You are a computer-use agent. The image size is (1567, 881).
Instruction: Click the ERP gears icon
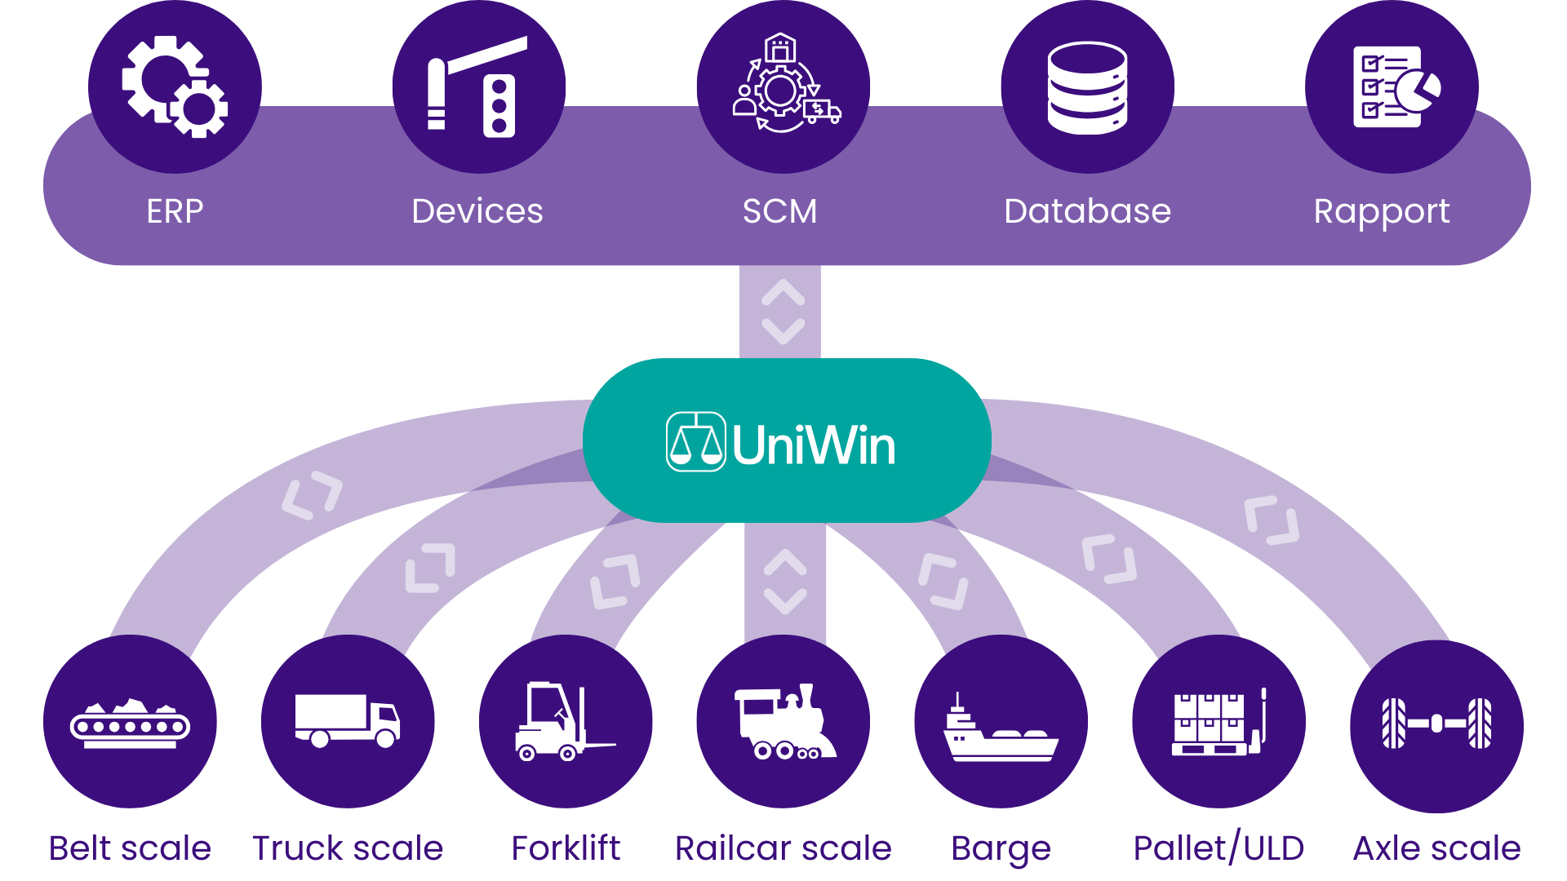pos(175,86)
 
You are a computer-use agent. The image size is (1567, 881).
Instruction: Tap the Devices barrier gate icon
pos(478,86)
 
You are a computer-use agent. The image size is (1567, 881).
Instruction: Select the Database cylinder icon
pos(1087,87)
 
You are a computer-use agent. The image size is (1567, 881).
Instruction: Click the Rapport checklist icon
pos(1394,86)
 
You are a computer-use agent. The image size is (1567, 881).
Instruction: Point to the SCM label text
pos(779,211)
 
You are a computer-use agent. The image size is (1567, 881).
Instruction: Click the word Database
pos(1087,211)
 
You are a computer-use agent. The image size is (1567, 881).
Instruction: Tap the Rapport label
pos(1381,212)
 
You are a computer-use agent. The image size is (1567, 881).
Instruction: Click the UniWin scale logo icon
pos(695,441)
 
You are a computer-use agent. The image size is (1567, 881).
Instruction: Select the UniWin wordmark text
pos(813,445)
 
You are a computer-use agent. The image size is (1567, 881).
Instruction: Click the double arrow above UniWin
pos(783,312)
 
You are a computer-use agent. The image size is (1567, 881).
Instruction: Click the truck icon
pos(348,720)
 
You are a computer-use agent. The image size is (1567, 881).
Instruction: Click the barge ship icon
pos(1001,730)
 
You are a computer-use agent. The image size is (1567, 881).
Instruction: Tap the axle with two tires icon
pos(1436,723)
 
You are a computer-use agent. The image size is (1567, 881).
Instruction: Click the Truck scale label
pos(348,848)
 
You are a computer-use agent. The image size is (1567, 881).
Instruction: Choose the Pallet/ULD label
pos(1219,848)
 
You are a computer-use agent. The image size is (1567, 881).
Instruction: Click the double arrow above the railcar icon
pos(785,582)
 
